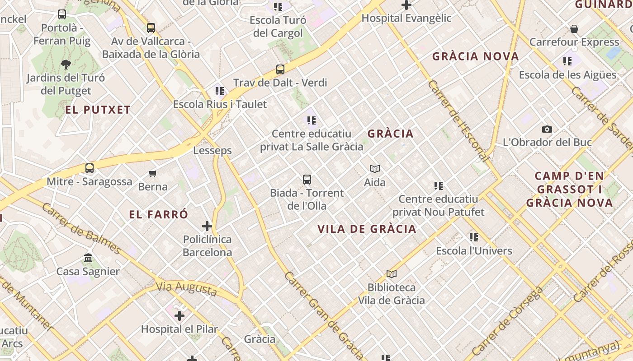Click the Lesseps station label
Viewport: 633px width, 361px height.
pyautogui.click(x=213, y=150)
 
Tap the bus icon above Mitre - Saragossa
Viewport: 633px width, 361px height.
pyautogui.click(x=90, y=168)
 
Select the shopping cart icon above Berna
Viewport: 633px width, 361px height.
pyautogui.click(x=153, y=173)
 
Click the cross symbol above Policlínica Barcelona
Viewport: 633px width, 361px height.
pyautogui.click(x=207, y=226)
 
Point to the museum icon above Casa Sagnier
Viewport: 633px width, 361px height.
pyautogui.click(x=88, y=258)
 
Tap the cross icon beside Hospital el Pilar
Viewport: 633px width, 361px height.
pyautogui.click(x=180, y=315)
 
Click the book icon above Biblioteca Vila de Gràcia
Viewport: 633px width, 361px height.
pyautogui.click(x=392, y=274)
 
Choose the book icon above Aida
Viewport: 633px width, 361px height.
pyautogui.click(x=375, y=169)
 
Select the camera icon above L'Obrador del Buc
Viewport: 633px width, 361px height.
pyautogui.click(x=547, y=129)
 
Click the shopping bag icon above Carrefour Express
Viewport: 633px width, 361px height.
pyautogui.click(x=574, y=29)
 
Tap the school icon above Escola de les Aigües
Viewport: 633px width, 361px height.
pyautogui.click(x=567, y=61)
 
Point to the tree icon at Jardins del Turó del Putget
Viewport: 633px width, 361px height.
pyautogui.click(x=66, y=65)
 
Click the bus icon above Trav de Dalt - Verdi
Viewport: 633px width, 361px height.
pyautogui.click(x=280, y=69)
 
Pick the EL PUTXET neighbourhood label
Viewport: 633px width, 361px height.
pyautogui.click(x=98, y=110)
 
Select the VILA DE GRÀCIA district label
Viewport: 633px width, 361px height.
pyautogui.click(x=367, y=229)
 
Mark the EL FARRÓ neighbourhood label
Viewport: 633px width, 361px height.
pyautogui.click(x=158, y=214)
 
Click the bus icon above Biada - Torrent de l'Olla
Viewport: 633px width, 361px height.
pyautogui.click(x=307, y=180)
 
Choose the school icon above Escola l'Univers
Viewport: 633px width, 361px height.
pyautogui.click(x=474, y=237)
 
